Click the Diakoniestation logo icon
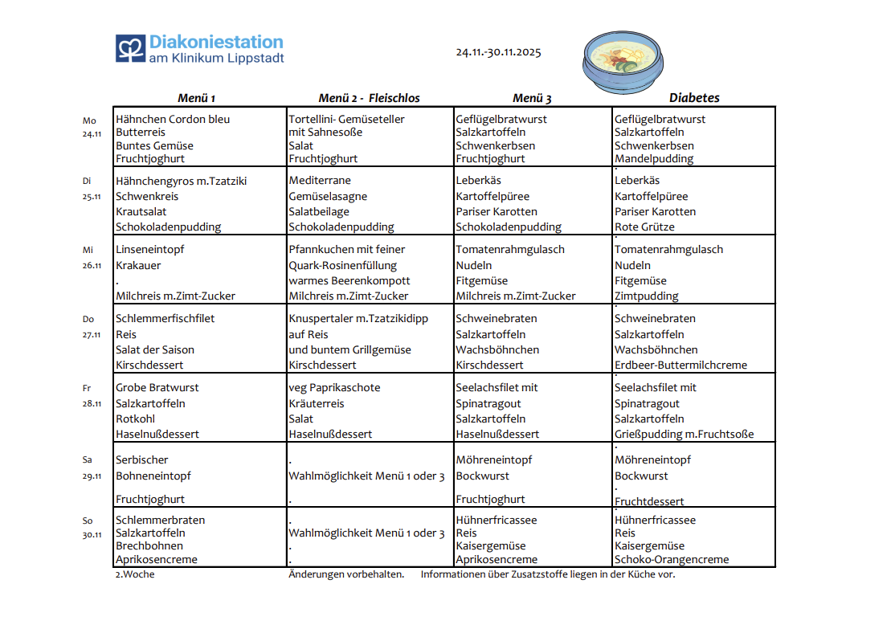[129, 48]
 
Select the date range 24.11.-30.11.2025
[498, 52]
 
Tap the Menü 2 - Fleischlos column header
[369, 98]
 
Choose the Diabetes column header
[694, 98]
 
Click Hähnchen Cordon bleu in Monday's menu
[173, 119]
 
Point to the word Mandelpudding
[654, 158]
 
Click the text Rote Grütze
[644, 227]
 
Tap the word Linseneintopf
[150, 249]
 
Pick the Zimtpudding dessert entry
[647, 296]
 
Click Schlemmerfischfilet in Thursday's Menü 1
[166, 318]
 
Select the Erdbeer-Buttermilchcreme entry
[680, 365]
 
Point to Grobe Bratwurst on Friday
[157, 387]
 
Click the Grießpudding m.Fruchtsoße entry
[684, 434]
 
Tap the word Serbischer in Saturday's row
[142, 459]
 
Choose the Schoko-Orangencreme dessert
[672, 559]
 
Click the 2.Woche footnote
[135, 574]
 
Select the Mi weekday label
[88, 250]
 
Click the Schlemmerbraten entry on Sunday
[160, 520]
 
